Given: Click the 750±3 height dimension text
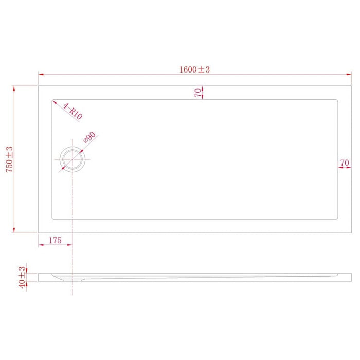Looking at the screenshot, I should [x=10, y=159].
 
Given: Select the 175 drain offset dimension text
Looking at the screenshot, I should [x=55, y=240].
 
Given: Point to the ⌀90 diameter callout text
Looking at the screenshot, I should [x=89, y=138].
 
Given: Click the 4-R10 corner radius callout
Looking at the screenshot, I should [x=73, y=111].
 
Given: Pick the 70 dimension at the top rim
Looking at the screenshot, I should [x=198, y=93].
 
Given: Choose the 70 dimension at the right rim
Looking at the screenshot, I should [x=345, y=163].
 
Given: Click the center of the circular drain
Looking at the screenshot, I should [x=73, y=159].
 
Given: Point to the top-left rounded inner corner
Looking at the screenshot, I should [x=53, y=101].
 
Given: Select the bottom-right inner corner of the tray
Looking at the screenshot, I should [x=336, y=219].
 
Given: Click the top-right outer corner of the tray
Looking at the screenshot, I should [x=351, y=86].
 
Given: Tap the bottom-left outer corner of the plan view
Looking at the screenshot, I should [x=38, y=233].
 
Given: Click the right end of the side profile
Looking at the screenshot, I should [x=351, y=277].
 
